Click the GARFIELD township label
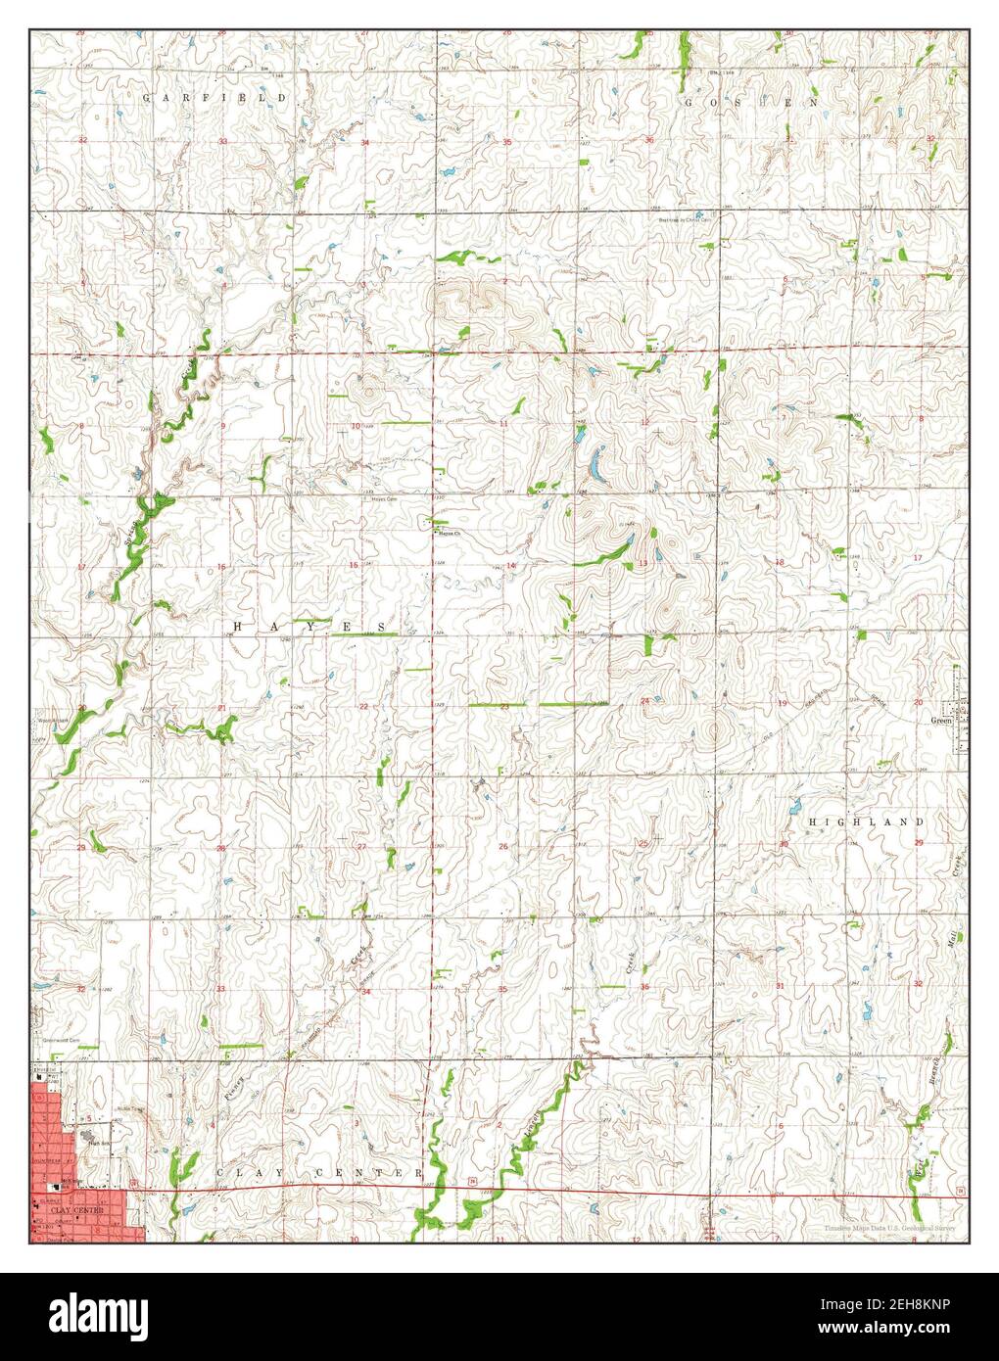point(215,98)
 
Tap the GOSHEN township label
point(750,102)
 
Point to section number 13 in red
point(643,565)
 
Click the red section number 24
point(644,701)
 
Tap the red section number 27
point(361,846)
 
